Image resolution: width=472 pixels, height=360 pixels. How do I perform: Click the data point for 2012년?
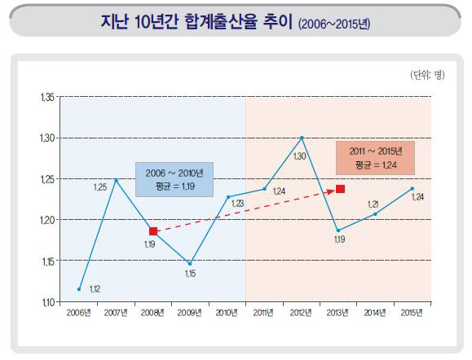pyautogui.click(x=302, y=138)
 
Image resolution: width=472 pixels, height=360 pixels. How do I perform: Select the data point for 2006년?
pyautogui.click(x=79, y=288)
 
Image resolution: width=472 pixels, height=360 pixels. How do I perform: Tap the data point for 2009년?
pyautogui.click(x=190, y=263)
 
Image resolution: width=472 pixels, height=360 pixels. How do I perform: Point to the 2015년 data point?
pyautogui.click(x=412, y=188)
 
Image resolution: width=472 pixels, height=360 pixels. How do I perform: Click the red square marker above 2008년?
pyautogui.click(x=153, y=231)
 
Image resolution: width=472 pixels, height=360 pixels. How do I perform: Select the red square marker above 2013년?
pyautogui.click(x=340, y=189)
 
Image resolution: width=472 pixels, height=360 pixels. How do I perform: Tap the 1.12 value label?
pyautogui.click(x=95, y=288)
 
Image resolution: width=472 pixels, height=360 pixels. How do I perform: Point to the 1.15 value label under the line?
pyautogui.click(x=191, y=274)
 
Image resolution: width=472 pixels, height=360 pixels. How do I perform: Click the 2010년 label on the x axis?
pyautogui.click(x=227, y=313)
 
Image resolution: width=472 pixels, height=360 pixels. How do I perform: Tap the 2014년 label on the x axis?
pyautogui.click(x=376, y=313)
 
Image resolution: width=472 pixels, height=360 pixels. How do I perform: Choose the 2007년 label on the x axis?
pyautogui.click(x=116, y=313)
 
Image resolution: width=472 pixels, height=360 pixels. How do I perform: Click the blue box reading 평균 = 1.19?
pyautogui.click(x=174, y=179)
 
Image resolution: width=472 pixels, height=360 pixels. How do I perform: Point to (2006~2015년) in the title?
pyautogui.click(x=333, y=24)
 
